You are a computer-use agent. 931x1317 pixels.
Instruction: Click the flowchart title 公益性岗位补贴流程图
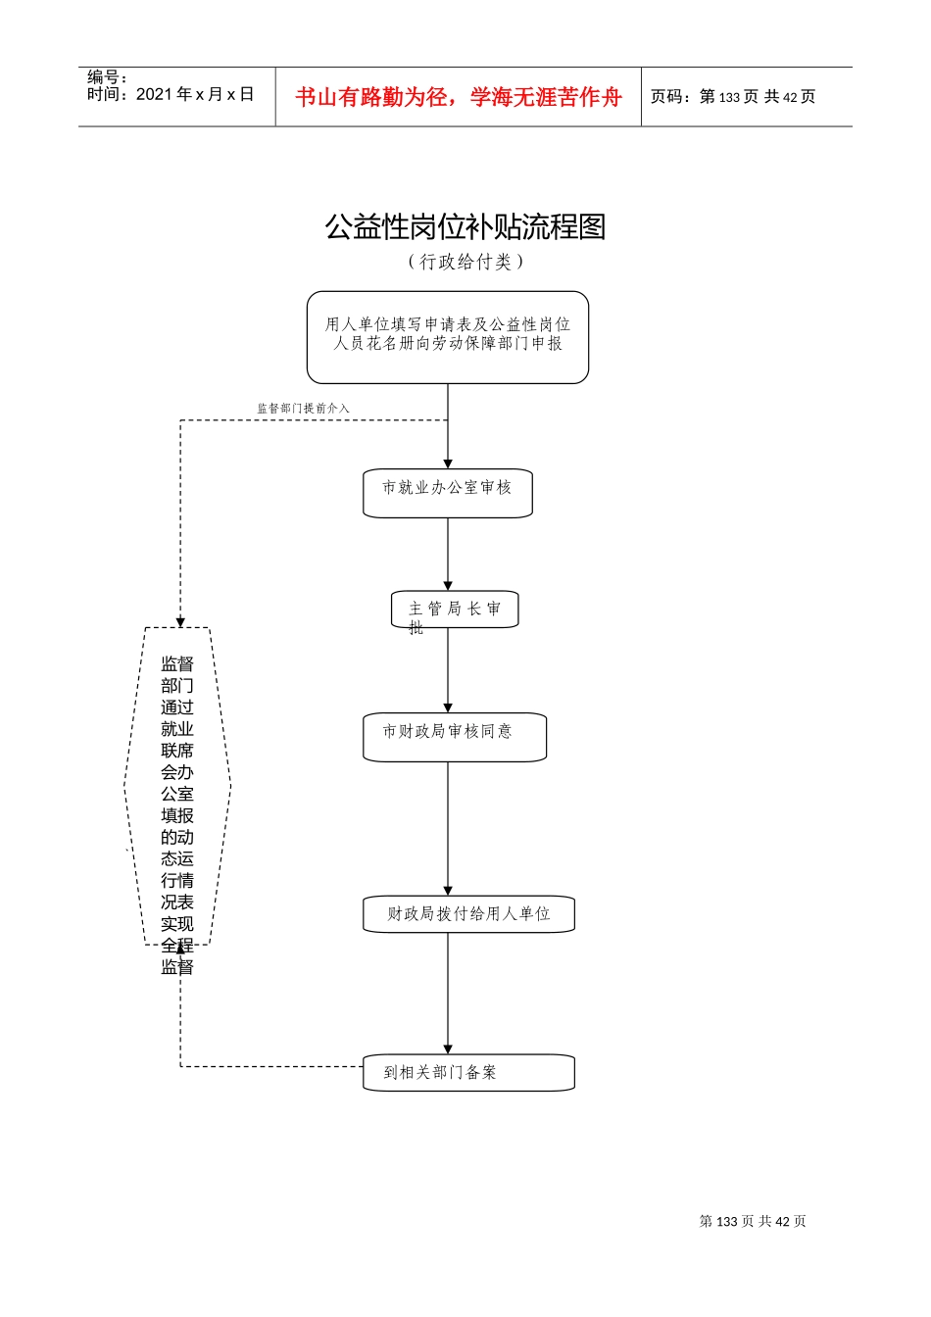(x=465, y=227)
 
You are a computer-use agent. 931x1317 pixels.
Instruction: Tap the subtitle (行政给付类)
(x=465, y=262)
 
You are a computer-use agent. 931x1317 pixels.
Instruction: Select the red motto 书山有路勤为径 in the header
(x=459, y=97)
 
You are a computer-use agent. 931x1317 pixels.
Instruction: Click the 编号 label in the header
(x=107, y=76)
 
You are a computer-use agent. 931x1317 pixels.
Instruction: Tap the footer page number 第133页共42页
(x=752, y=1221)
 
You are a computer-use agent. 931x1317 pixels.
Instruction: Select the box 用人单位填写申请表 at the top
(x=448, y=336)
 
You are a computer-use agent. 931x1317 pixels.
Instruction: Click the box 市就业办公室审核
(x=448, y=492)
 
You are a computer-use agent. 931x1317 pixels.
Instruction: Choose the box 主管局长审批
(x=455, y=610)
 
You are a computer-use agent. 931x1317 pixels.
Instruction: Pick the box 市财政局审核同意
(x=455, y=736)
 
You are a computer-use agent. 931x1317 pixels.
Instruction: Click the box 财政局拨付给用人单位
(x=468, y=913)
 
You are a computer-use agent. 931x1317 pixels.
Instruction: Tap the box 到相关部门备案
(x=468, y=1072)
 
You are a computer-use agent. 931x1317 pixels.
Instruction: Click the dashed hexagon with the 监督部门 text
(x=177, y=787)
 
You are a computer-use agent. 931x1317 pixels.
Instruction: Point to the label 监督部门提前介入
(x=303, y=408)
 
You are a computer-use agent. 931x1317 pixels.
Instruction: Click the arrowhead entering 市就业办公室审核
(x=448, y=463)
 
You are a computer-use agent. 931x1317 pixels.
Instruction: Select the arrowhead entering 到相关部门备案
(x=448, y=1049)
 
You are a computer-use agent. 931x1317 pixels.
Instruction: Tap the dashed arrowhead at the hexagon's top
(x=180, y=622)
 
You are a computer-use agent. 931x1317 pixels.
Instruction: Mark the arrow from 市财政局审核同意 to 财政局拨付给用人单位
(x=448, y=828)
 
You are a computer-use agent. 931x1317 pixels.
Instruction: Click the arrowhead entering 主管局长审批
(x=448, y=586)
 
